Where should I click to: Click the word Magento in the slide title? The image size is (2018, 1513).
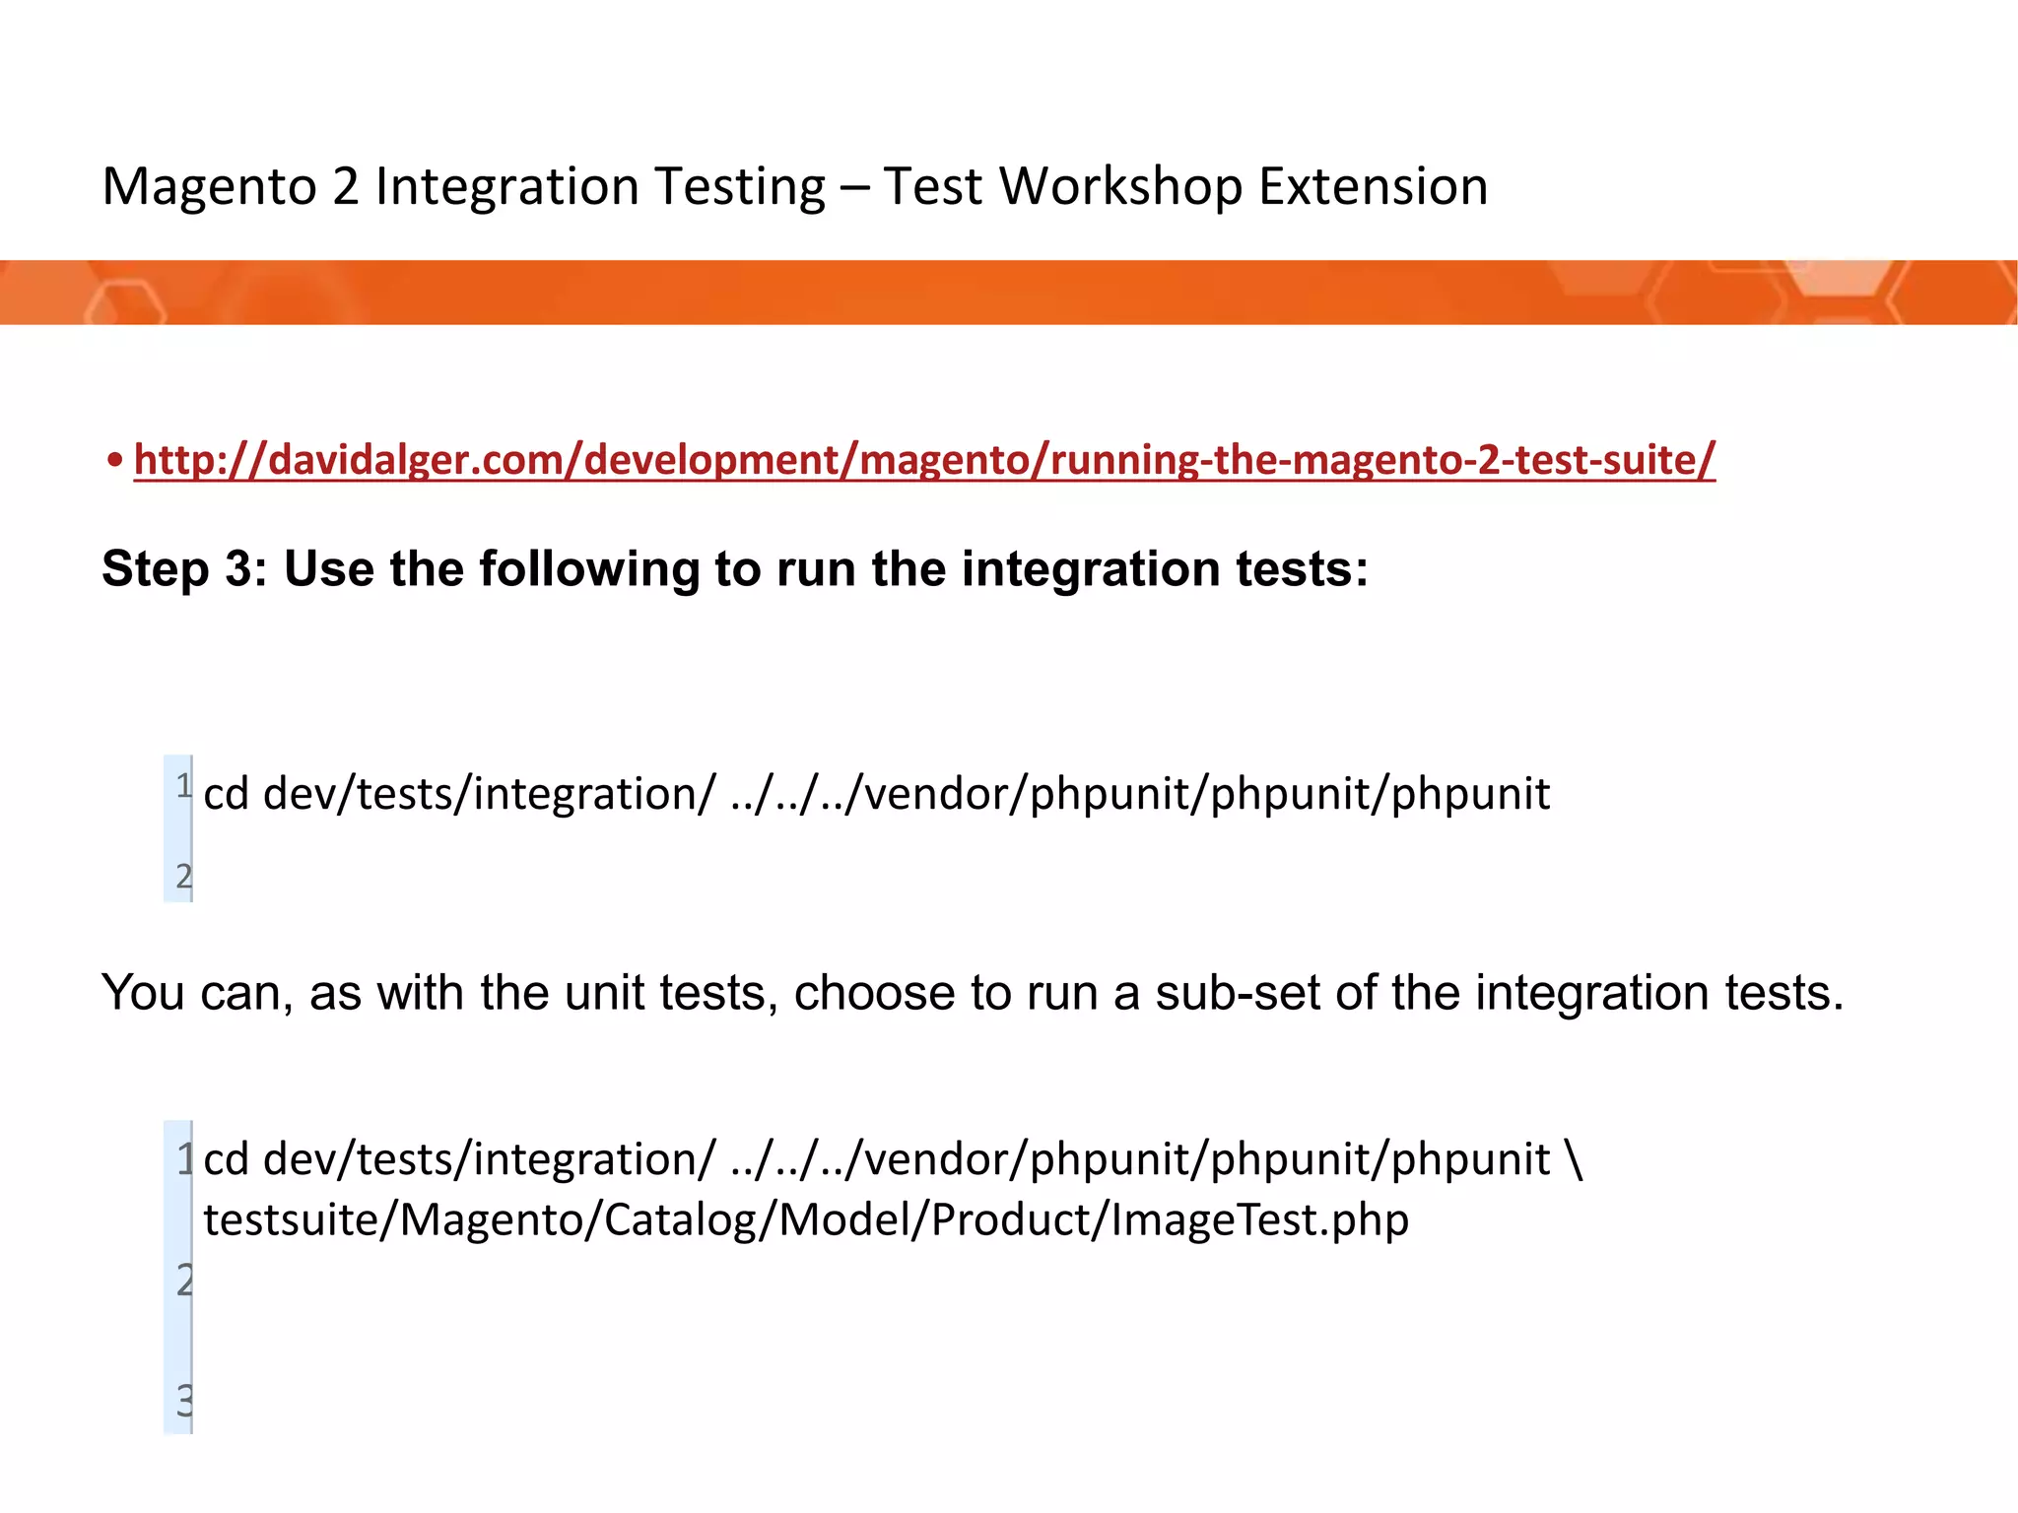[210, 187]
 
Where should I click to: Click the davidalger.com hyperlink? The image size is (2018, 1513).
[924, 460]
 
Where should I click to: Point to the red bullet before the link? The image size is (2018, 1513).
[116, 460]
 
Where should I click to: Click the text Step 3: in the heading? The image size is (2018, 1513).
[184, 569]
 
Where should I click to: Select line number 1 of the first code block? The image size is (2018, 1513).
[183, 786]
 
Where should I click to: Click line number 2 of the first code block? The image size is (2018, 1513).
[183, 876]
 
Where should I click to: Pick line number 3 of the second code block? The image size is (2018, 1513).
[184, 1400]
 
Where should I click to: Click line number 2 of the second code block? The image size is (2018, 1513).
[184, 1280]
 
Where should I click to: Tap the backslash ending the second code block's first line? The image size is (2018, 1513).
[1573, 1159]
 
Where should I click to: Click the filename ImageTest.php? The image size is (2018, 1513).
[1260, 1220]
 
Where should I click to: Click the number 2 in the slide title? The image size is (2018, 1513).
[345, 187]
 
